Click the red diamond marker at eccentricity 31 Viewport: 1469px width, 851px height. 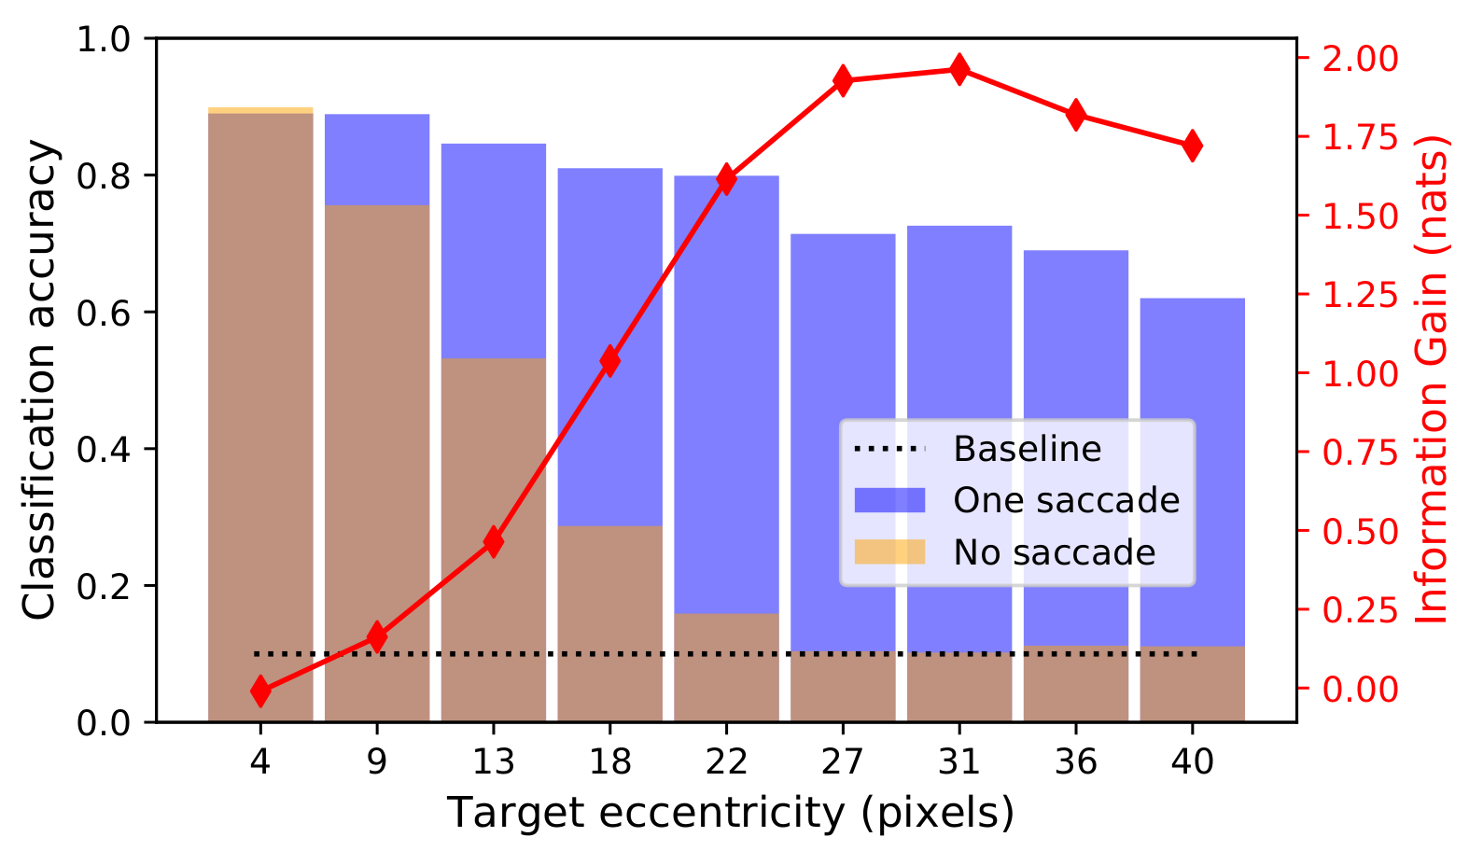[x=959, y=68]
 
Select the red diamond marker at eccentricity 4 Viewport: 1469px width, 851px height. [x=260, y=691]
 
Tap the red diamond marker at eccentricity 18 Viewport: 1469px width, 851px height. [x=610, y=361]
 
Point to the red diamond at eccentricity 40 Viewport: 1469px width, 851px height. [x=1192, y=146]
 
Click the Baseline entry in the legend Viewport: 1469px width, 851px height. [x=1027, y=449]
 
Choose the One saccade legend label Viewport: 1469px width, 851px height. [x=1066, y=501]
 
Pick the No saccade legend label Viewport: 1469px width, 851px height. [x=1054, y=553]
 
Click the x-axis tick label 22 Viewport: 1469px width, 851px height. [x=726, y=761]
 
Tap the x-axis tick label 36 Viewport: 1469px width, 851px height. [x=1075, y=761]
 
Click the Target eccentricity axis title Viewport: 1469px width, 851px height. [x=730, y=814]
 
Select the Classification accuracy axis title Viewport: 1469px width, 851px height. [x=39, y=379]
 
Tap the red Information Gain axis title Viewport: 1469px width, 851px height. [x=1432, y=379]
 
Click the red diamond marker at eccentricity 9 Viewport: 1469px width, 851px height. [x=377, y=637]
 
